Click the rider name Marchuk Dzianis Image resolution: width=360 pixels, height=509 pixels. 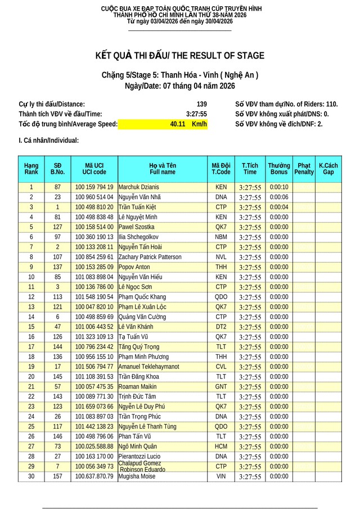[139, 187]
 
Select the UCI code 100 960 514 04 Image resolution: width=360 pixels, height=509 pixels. [94, 197]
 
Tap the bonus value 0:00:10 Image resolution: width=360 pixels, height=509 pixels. [278, 187]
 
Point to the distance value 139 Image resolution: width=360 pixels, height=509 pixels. [201, 104]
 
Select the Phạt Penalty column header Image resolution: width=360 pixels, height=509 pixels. [304, 169]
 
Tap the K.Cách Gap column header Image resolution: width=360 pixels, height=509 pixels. [328, 169]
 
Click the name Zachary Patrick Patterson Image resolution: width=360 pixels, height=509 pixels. [150, 257]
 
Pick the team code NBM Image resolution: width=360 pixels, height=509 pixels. [221, 237]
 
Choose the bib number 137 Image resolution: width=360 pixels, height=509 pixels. [57, 267]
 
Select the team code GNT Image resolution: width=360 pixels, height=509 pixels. [221, 387]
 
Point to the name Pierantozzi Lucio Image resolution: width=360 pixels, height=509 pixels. [139, 457]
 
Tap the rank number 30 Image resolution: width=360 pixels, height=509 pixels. [31, 476]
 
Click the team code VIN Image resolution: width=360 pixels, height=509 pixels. [221, 476]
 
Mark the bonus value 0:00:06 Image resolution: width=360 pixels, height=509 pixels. [278, 197]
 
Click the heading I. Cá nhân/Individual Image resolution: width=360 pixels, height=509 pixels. [48, 141]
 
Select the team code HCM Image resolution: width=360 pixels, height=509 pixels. [221, 447]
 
